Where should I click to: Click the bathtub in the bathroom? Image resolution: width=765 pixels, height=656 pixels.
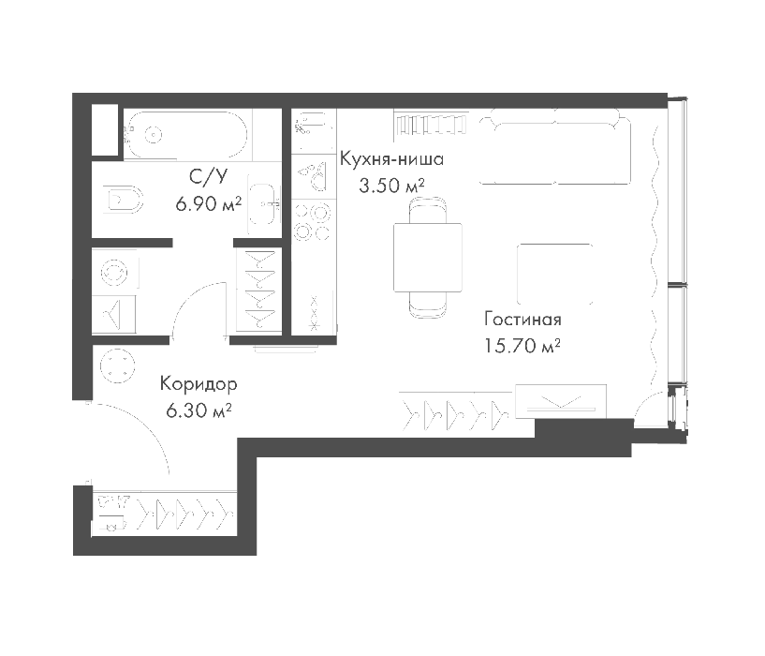186,134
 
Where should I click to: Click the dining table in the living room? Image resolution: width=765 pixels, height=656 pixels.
428,258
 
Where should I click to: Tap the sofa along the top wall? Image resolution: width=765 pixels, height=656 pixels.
554,146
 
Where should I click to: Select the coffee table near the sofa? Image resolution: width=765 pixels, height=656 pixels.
554,274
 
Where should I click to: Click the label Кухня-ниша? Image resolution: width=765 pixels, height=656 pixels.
391,159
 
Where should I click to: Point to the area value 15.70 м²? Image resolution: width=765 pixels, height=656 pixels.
522,346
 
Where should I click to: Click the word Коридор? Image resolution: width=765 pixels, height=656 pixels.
199,384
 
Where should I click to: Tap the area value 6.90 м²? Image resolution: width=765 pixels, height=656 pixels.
209,203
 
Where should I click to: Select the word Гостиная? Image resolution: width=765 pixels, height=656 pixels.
522,320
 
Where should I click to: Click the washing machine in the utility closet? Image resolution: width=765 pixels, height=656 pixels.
115,272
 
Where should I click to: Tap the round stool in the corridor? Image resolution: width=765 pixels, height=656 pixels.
118,366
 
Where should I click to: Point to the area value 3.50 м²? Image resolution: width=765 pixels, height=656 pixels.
391,186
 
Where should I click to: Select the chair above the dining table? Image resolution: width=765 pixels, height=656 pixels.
428,210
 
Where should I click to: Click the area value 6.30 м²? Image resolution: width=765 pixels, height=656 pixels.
199,410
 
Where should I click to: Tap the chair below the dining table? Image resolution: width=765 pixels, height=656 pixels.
428,305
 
